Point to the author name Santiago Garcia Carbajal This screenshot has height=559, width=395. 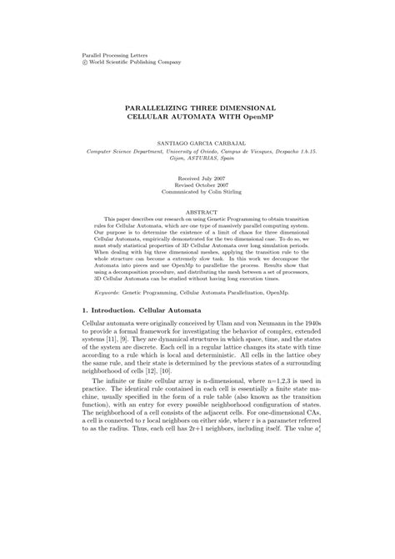click(197, 143)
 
